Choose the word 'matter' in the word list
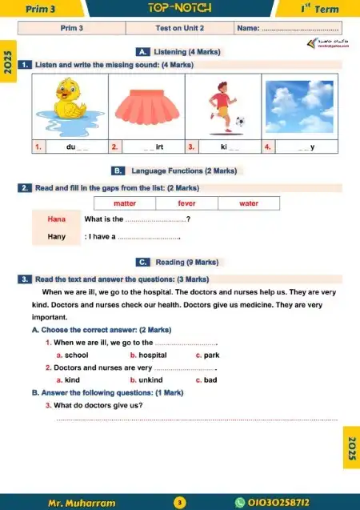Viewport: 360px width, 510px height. [x=125, y=203]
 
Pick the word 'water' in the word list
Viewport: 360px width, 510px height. [x=249, y=203]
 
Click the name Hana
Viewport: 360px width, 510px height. [x=56, y=219]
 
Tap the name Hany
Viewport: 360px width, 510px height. [x=56, y=236]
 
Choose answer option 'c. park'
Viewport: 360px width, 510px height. [x=207, y=355]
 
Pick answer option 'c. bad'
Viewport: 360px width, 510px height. [x=206, y=380]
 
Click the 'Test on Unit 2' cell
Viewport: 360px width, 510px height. [x=179, y=28]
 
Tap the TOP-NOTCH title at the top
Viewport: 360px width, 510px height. [x=179, y=8]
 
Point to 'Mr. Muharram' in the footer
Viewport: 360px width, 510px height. [x=81, y=503]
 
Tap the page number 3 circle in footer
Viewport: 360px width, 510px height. [x=180, y=503]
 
